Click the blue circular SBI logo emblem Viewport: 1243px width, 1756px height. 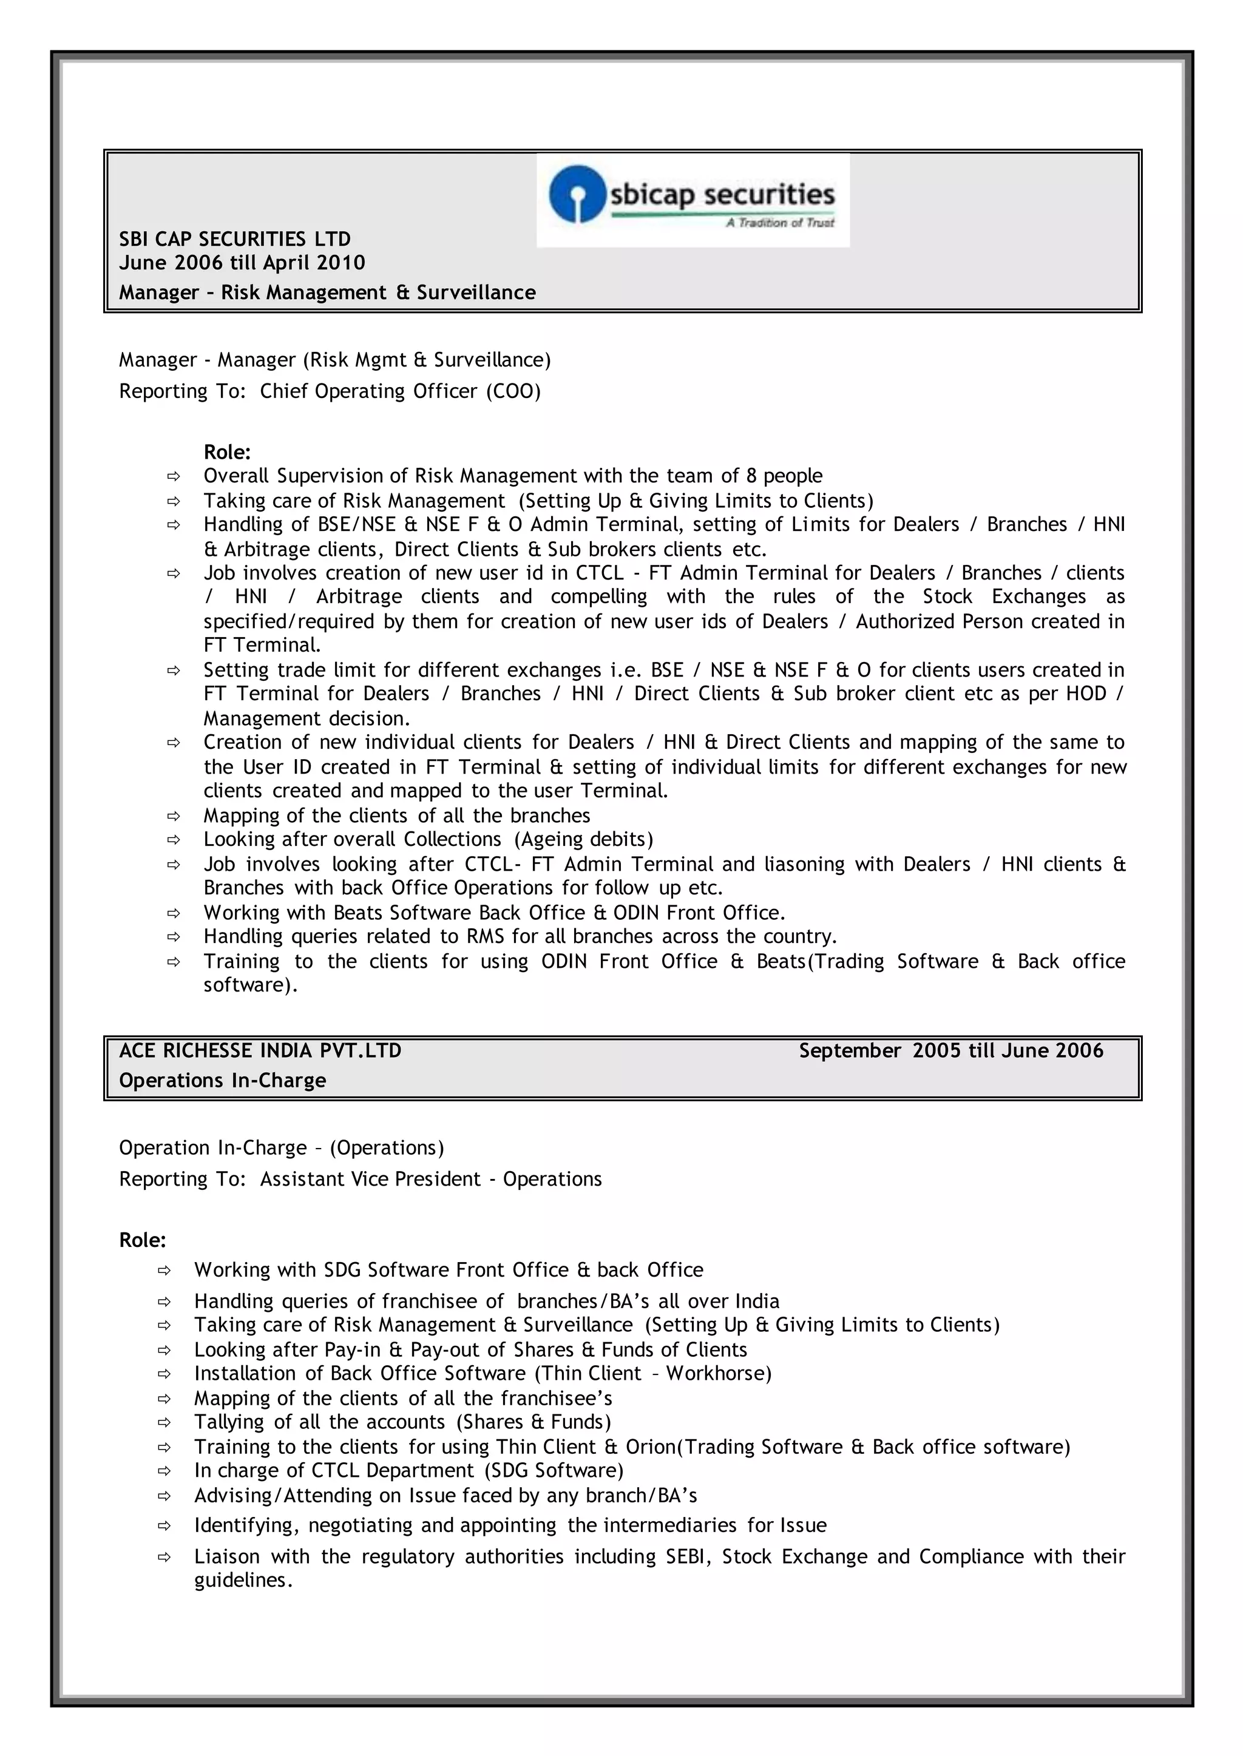tap(578, 194)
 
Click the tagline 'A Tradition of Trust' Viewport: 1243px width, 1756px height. tap(780, 223)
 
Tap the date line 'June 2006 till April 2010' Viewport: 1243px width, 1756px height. tap(242, 263)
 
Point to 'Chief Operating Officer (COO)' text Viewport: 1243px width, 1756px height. tap(401, 391)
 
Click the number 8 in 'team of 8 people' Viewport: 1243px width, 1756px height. tap(751, 476)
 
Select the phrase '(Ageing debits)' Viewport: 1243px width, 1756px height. tap(583, 839)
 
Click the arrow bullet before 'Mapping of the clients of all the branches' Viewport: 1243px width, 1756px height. tap(174, 816)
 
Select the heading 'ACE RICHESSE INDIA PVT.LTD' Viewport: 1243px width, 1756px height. tap(260, 1050)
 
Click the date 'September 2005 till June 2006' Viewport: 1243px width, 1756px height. tap(950, 1050)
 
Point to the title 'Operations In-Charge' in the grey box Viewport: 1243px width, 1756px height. tap(223, 1081)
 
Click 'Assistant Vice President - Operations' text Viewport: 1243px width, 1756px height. tap(431, 1179)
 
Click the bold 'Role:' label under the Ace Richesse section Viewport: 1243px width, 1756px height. tap(143, 1240)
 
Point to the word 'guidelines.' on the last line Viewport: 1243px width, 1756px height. tap(243, 1580)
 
